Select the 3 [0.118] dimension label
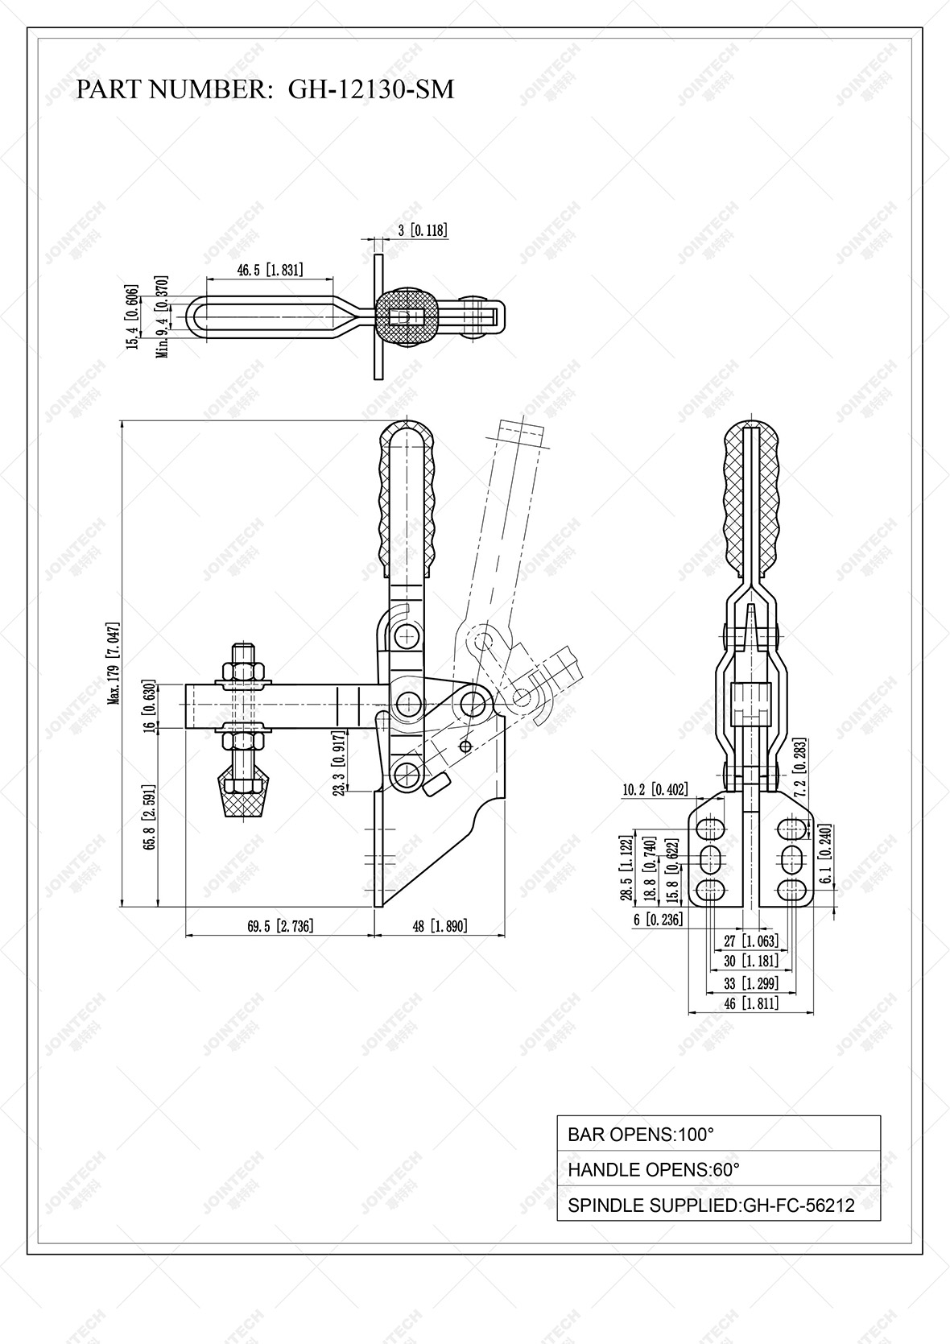pyautogui.click(x=423, y=230)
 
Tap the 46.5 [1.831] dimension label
pyautogui.click(x=270, y=270)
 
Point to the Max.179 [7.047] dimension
pyautogui.click(x=114, y=664)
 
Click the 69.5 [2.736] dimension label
pyautogui.click(x=280, y=926)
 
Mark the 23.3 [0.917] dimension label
pyautogui.click(x=339, y=763)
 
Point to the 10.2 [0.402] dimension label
pyautogui.click(x=655, y=790)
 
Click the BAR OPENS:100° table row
pyautogui.click(x=718, y=1134)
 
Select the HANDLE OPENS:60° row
pyautogui.click(x=718, y=1169)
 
